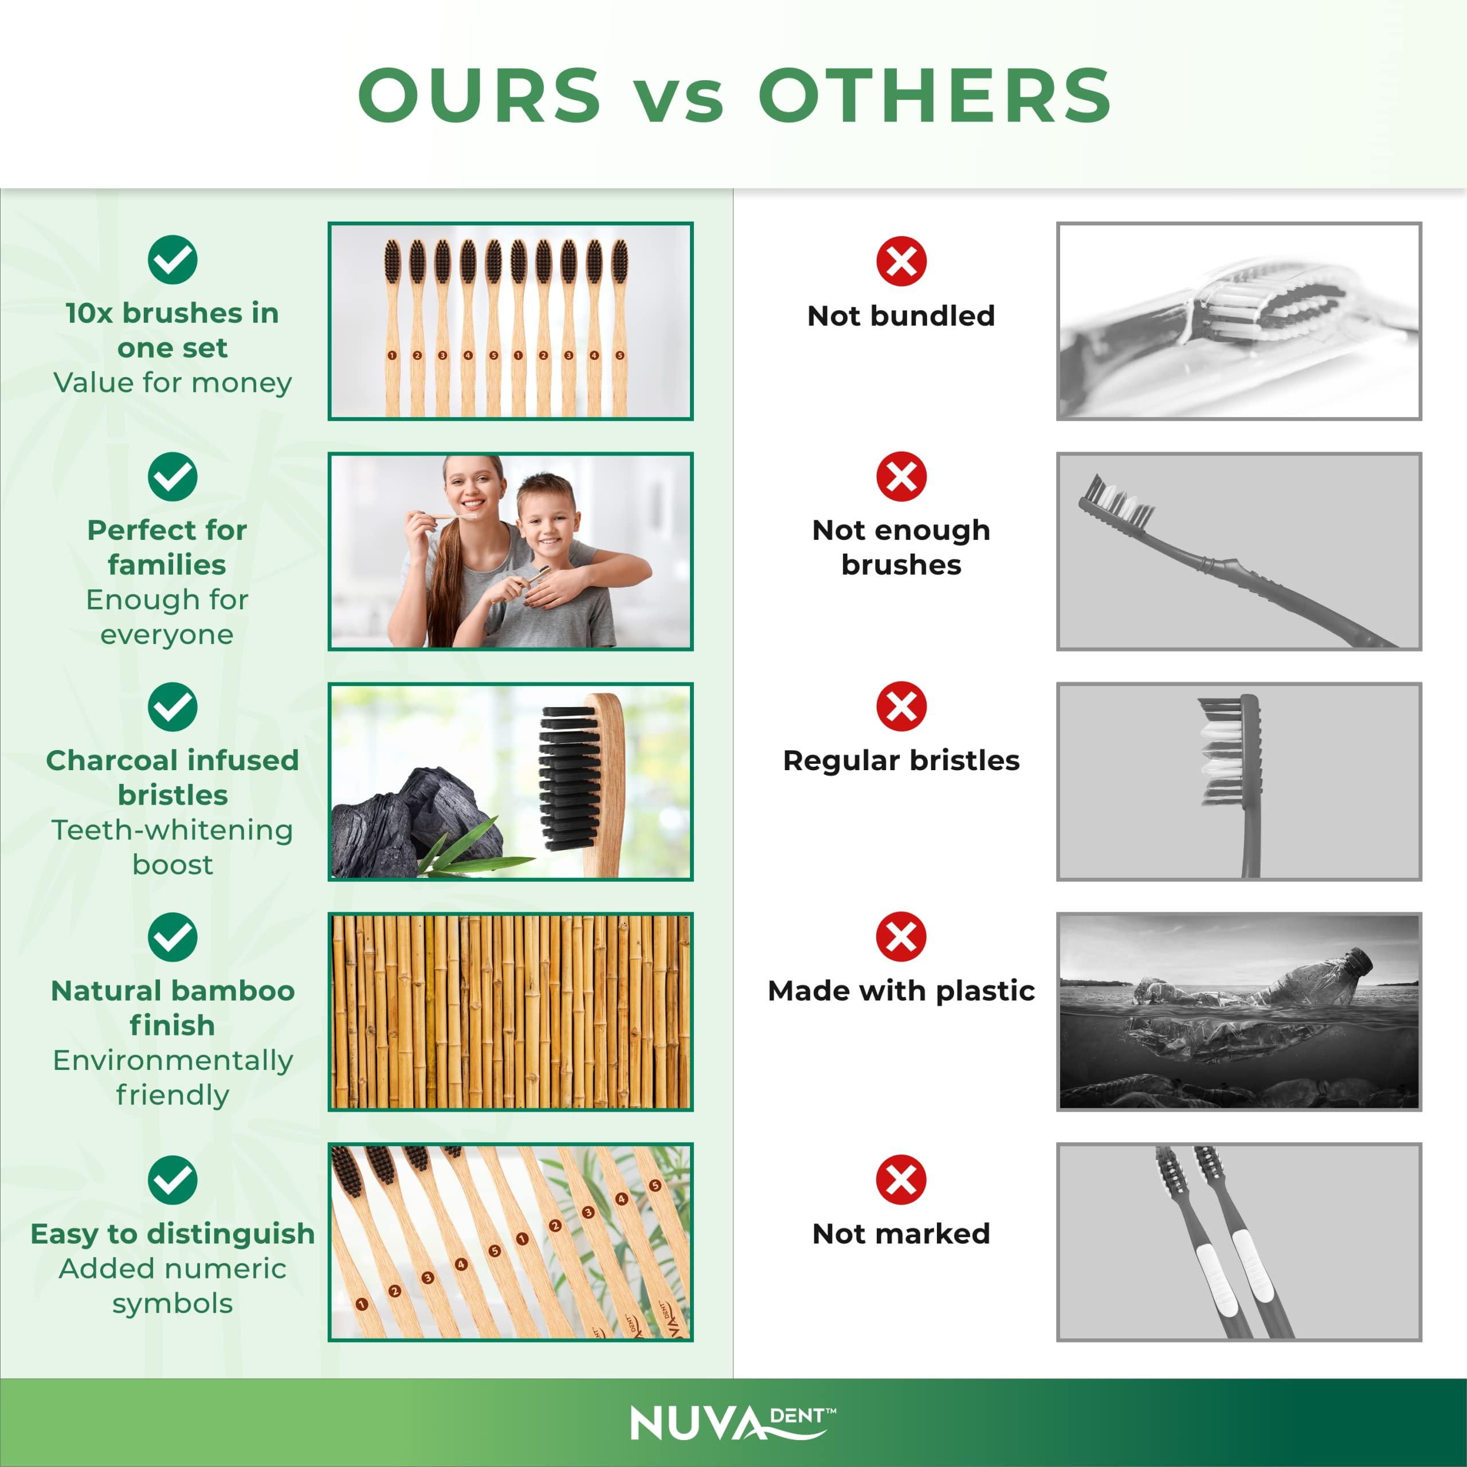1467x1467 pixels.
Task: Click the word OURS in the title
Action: coord(479,95)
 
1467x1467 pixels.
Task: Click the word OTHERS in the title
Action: coord(935,95)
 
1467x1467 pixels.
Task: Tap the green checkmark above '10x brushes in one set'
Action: coord(172,260)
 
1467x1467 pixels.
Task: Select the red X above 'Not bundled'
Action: coord(901,261)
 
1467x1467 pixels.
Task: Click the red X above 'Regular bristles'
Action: coord(901,706)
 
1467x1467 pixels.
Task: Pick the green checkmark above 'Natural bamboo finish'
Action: coord(172,937)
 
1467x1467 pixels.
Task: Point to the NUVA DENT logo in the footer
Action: coord(733,1423)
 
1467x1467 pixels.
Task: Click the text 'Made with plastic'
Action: coord(901,991)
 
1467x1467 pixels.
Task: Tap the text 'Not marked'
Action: coord(901,1234)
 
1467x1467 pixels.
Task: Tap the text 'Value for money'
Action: coord(172,383)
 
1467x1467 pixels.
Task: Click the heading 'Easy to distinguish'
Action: coord(172,1234)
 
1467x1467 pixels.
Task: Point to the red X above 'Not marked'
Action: coord(901,1180)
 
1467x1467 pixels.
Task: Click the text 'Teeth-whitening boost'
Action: coord(172,846)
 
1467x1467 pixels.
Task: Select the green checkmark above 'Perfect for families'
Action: coord(172,477)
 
